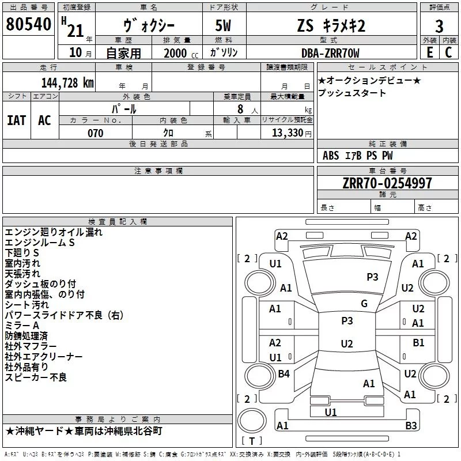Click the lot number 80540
tap(28, 24)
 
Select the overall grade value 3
tap(439, 27)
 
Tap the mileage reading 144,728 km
tap(67, 83)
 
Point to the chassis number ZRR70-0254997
tap(387, 183)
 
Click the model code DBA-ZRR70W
tap(330, 53)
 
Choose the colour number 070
tap(96, 133)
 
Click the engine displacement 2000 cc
tap(181, 53)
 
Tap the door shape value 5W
tap(223, 25)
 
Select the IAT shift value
tap(17, 120)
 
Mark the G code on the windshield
tap(364, 304)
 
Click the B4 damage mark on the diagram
tap(284, 374)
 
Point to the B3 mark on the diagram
tap(411, 425)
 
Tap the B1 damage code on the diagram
tap(418, 343)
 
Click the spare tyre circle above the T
tap(252, 421)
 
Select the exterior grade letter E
tap(429, 52)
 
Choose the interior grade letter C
tap(448, 52)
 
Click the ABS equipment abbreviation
tap(331, 156)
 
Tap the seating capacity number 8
tap(240, 109)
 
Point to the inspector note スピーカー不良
tap(36, 377)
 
